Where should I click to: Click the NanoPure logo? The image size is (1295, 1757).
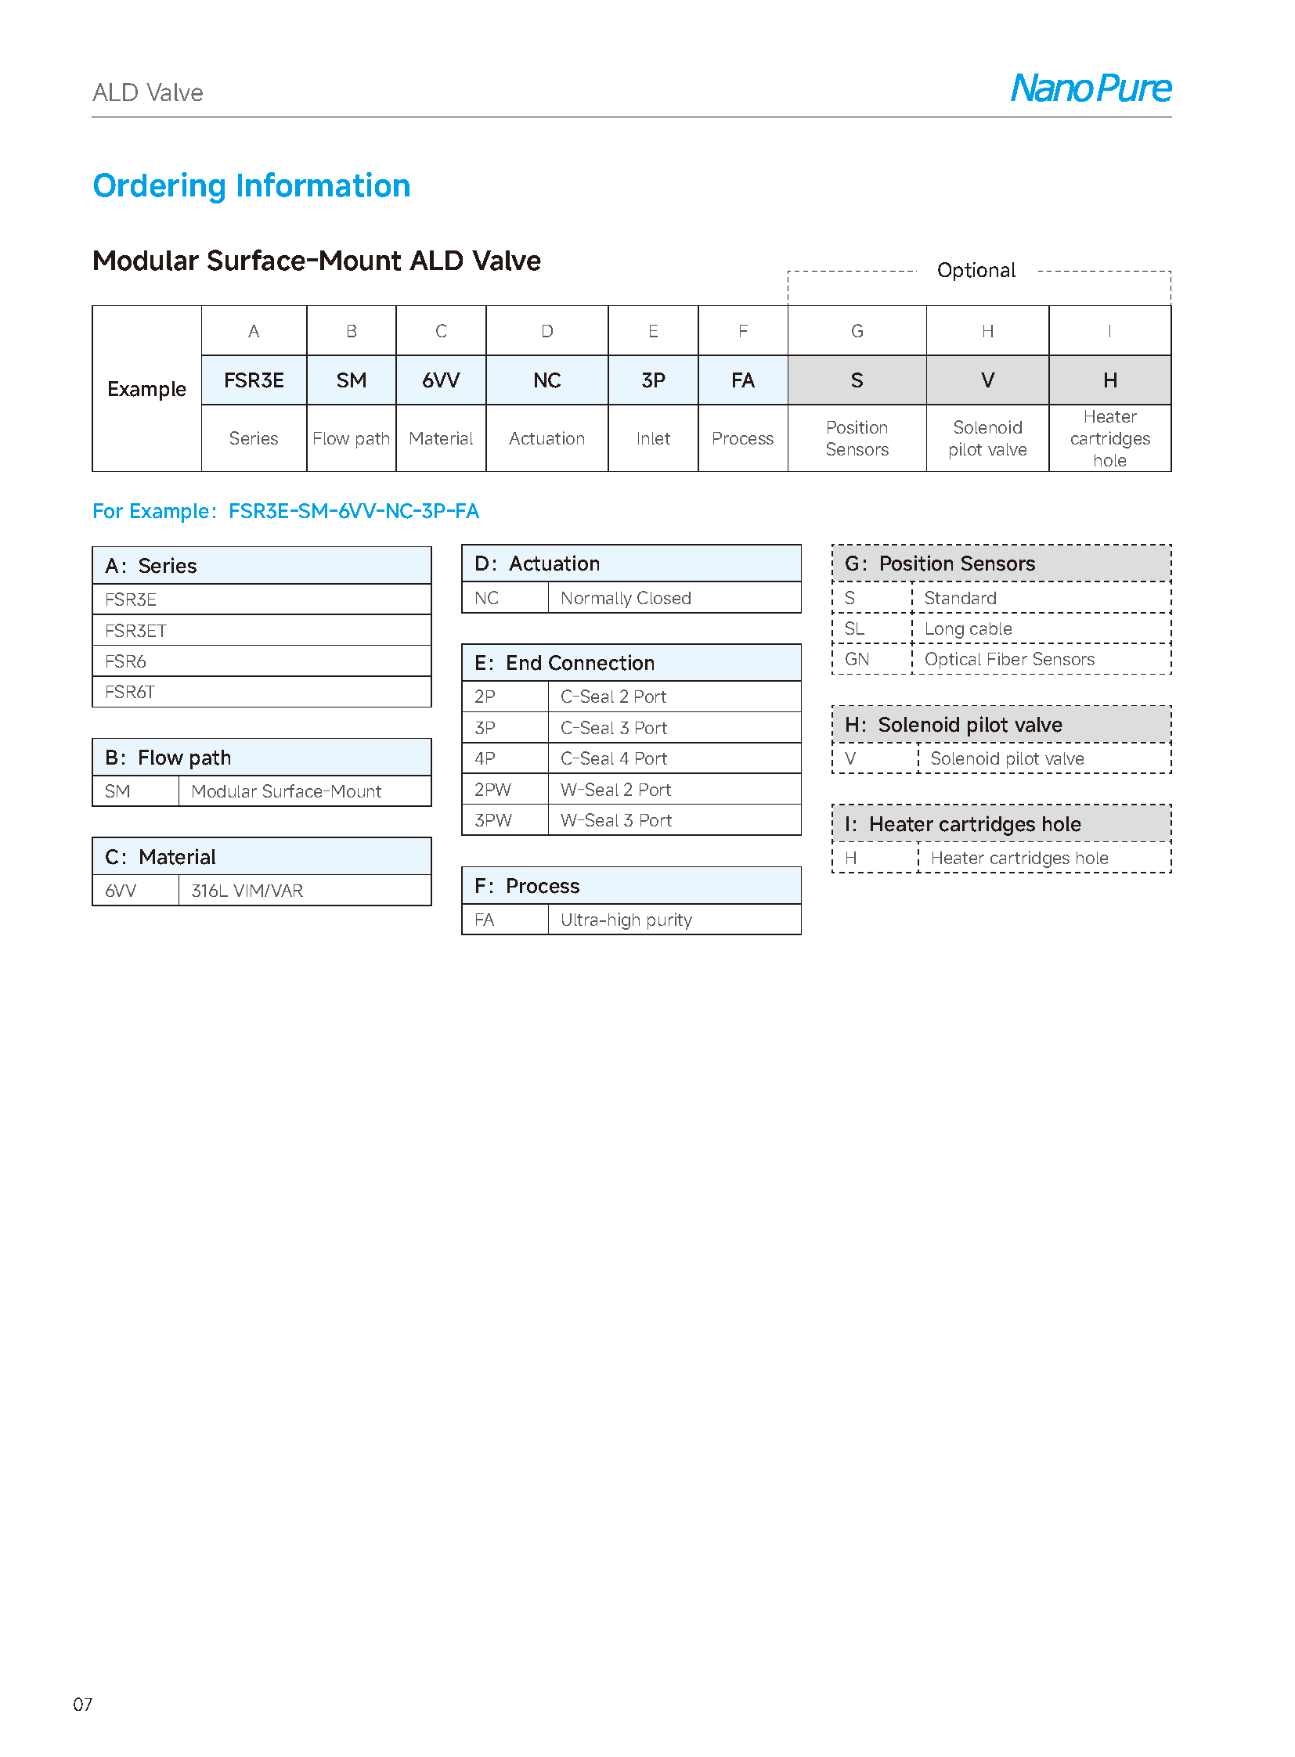pos(1091,88)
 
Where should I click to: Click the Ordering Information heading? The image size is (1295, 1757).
pos(251,185)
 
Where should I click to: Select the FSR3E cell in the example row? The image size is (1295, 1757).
pos(253,381)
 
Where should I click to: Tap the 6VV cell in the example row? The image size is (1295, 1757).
pos(441,381)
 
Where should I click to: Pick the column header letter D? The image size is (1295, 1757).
pos(546,332)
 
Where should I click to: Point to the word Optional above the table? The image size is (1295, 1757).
pos(976,270)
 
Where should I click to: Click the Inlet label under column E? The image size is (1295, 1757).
pos(653,439)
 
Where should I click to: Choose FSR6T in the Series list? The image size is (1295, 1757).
pos(130,693)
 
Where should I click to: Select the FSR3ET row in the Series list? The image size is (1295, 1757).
pos(135,631)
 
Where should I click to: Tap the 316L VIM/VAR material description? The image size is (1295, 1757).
pos(247,891)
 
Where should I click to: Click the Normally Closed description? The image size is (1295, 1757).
pos(626,599)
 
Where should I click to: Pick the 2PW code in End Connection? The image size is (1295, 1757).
pos(492,790)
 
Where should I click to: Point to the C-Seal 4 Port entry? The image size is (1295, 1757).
pos(614,758)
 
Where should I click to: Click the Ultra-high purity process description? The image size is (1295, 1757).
pos(626,920)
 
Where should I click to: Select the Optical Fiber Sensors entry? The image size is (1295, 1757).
pos(1009,660)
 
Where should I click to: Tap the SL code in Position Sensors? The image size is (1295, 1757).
pos(854,629)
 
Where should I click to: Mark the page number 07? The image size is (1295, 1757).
pos(82,1705)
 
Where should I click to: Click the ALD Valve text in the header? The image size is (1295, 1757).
pos(147,93)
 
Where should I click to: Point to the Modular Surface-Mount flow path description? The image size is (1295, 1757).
pos(286,791)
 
